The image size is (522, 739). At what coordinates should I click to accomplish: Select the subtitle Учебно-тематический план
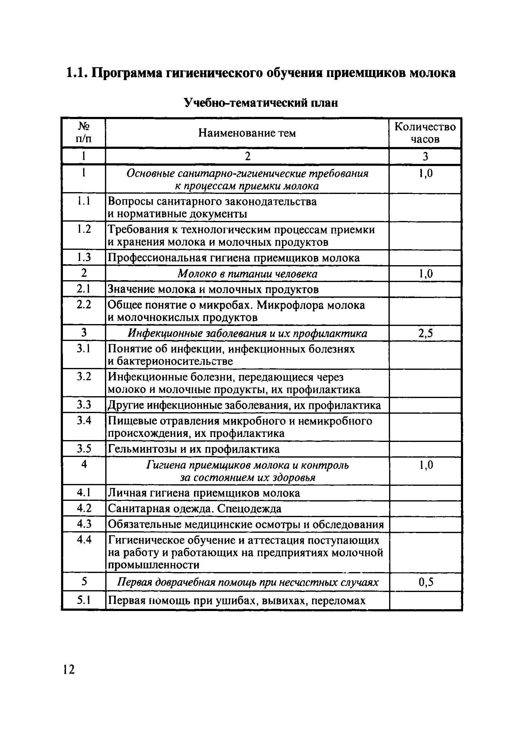pyautogui.click(x=260, y=103)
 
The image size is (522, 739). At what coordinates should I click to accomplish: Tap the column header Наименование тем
pyautogui.click(x=247, y=133)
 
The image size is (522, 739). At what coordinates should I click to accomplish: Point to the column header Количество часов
pyautogui.click(x=425, y=133)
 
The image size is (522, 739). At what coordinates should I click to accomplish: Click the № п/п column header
pyautogui.click(x=83, y=133)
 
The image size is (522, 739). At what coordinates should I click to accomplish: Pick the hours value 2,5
pyautogui.click(x=425, y=333)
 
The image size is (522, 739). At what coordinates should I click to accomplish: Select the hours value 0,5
pyautogui.click(x=425, y=582)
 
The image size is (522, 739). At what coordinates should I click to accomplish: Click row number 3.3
pyautogui.click(x=84, y=404)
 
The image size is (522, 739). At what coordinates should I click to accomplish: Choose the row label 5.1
pyautogui.click(x=84, y=600)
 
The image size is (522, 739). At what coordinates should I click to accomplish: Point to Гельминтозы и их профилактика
pyautogui.click(x=193, y=449)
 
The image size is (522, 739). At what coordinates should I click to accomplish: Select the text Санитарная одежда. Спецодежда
pyautogui.click(x=194, y=509)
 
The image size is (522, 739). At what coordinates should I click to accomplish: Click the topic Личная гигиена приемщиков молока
pyautogui.click(x=204, y=493)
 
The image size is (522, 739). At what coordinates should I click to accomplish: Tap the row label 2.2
pyautogui.click(x=84, y=304)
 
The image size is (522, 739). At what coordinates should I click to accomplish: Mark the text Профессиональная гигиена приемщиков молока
pyautogui.click(x=233, y=258)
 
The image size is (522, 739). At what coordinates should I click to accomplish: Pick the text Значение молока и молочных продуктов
pyautogui.click(x=213, y=289)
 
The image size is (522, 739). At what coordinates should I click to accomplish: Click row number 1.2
pyautogui.click(x=84, y=229)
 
